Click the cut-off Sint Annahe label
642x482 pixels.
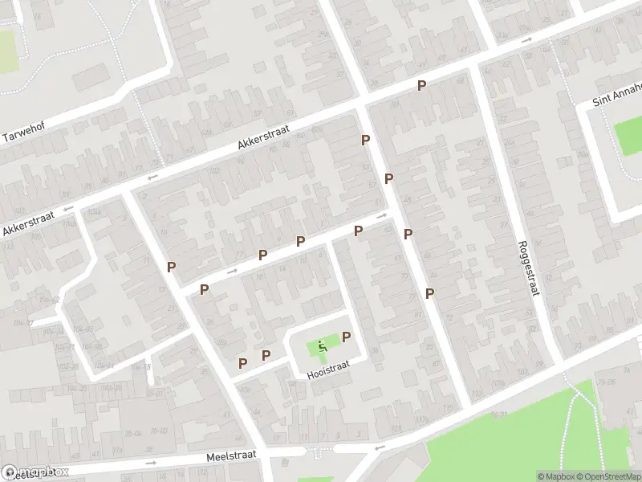click(617, 94)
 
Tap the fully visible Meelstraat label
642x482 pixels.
click(230, 455)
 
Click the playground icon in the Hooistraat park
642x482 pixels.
click(322, 346)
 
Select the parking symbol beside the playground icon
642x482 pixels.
click(347, 337)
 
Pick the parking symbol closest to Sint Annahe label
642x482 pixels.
click(421, 85)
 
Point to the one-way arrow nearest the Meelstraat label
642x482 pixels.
click(151, 463)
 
